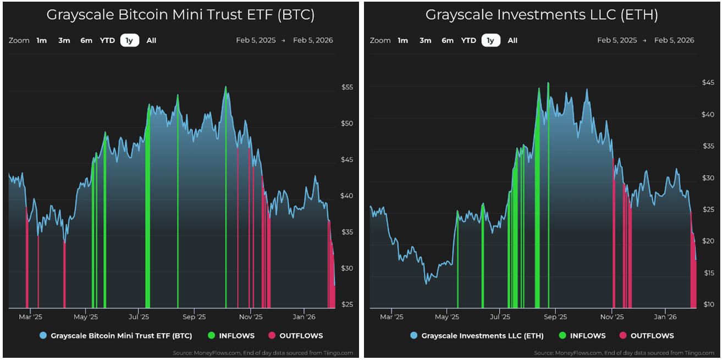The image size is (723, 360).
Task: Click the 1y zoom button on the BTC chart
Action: click(130, 40)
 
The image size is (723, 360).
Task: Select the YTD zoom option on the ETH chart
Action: click(468, 40)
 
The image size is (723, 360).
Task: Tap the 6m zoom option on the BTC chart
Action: click(86, 40)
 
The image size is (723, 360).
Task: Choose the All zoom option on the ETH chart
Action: click(512, 40)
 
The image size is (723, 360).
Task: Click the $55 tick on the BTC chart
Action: click(347, 87)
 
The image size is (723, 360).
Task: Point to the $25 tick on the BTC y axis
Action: click(347, 304)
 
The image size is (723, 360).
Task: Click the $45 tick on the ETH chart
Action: click(708, 82)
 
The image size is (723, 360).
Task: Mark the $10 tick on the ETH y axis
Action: click(708, 304)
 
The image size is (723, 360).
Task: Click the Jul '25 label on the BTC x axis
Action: click(139, 317)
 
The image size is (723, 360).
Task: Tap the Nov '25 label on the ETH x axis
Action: click(612, 317)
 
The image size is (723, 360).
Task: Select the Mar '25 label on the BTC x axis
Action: click(30, 317)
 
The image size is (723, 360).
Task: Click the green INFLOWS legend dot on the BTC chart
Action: click(212, 335)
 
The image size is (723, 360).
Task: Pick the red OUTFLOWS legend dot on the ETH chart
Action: click(623, 335)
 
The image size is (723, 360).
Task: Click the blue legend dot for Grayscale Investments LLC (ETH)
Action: click(414, 335)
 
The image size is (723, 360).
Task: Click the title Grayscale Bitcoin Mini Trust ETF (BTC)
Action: click(180, 15)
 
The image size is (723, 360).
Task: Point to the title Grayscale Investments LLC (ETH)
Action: click(542, 15)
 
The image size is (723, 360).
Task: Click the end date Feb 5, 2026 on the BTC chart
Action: click(313, 40)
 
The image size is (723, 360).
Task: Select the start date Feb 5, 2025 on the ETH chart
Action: click(617, 40)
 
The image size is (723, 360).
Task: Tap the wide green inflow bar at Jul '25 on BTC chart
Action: click(147, 220)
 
